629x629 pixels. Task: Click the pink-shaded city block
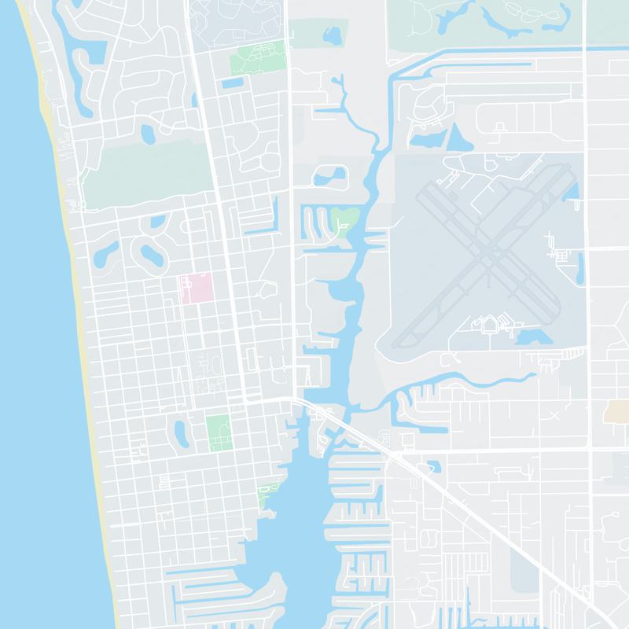point(197,289)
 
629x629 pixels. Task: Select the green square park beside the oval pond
point(218,432)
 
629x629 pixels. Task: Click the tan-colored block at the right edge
point(617,411)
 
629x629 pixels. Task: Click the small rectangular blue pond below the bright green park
point(233,82)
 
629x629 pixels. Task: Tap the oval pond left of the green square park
point(180,430)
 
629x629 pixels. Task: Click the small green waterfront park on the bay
point(270,491)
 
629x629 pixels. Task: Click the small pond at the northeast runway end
point(571,191)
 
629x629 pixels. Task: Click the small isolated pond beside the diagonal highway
point(433,467)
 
